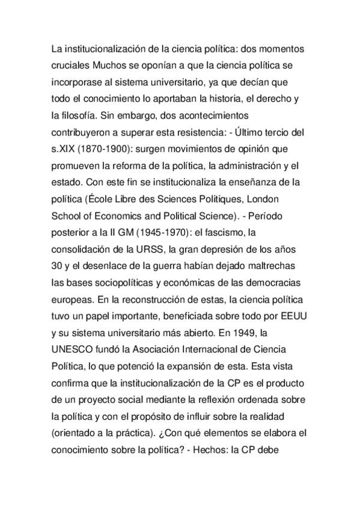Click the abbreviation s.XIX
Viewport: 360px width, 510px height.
click(64, 148)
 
